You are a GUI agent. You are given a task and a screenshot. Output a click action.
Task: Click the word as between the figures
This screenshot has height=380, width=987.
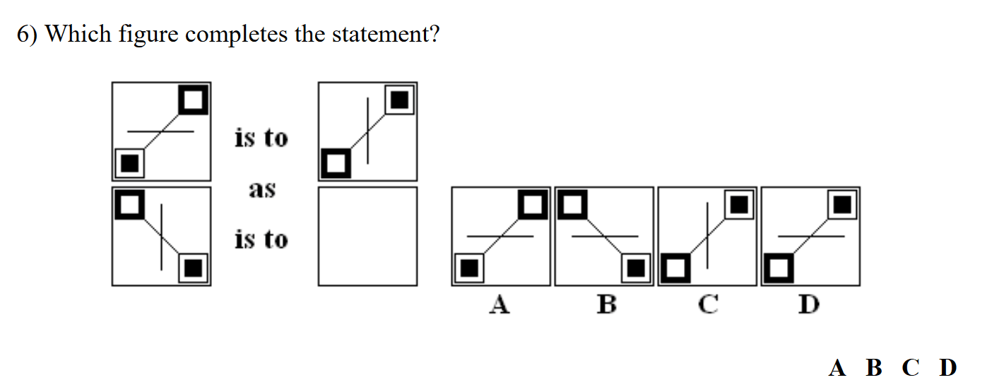point(261,189)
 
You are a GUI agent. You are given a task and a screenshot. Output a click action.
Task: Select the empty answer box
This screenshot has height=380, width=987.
point(367,236)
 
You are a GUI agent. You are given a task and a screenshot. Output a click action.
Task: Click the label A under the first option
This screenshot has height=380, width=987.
point(500,304)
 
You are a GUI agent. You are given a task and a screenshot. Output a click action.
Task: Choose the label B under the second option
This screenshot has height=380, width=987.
point(606,304)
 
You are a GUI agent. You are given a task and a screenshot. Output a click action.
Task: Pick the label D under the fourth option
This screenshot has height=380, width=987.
point(809,304)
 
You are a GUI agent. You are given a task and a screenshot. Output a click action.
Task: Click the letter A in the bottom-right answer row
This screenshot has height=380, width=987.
point(837,367)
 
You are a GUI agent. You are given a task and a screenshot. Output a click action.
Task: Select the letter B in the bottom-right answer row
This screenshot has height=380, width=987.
point(874,367)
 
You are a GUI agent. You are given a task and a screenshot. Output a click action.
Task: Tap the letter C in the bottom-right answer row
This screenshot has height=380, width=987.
point(911,367)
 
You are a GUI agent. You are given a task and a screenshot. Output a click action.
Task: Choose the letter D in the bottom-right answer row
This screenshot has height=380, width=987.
point(947,367)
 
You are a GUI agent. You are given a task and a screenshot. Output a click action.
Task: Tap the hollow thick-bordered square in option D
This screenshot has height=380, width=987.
point(778,268)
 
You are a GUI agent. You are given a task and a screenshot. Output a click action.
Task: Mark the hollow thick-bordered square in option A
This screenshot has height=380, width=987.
point(533,205)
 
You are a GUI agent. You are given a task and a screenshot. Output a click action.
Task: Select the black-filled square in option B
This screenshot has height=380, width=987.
point(636,268)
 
